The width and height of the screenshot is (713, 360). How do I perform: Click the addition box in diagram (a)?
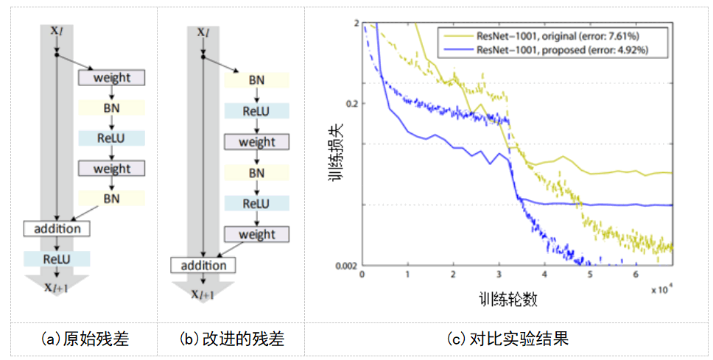57,228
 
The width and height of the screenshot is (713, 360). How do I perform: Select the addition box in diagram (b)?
203,265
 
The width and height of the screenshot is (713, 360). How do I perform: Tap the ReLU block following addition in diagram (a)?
57,258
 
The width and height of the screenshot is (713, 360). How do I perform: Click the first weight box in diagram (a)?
112,77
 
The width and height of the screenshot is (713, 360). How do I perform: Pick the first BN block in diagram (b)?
256,80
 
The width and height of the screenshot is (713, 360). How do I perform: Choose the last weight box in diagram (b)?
257,234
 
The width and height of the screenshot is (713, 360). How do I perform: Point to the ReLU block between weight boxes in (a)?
112,138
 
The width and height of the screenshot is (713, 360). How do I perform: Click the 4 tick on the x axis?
544,275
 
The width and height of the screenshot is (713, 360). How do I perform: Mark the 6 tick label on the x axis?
636,275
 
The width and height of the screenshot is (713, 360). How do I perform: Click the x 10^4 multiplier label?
661,289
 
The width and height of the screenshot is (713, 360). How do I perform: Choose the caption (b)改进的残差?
231,339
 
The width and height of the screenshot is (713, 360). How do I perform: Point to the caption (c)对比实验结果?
508,339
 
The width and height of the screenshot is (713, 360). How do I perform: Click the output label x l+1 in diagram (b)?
203,294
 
